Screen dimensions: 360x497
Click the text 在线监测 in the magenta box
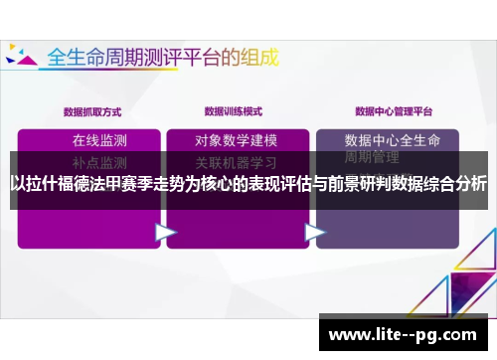point(99,139)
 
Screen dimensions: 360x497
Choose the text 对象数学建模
point(237,139)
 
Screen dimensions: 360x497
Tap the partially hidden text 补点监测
point(99,160)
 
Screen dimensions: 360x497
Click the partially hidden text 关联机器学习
point(237,160)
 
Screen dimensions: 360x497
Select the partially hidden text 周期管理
point(372,158)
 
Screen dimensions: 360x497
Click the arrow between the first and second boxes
point(164,233)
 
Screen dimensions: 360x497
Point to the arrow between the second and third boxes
point(315,233)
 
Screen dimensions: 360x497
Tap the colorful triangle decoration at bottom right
point(467,269)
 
